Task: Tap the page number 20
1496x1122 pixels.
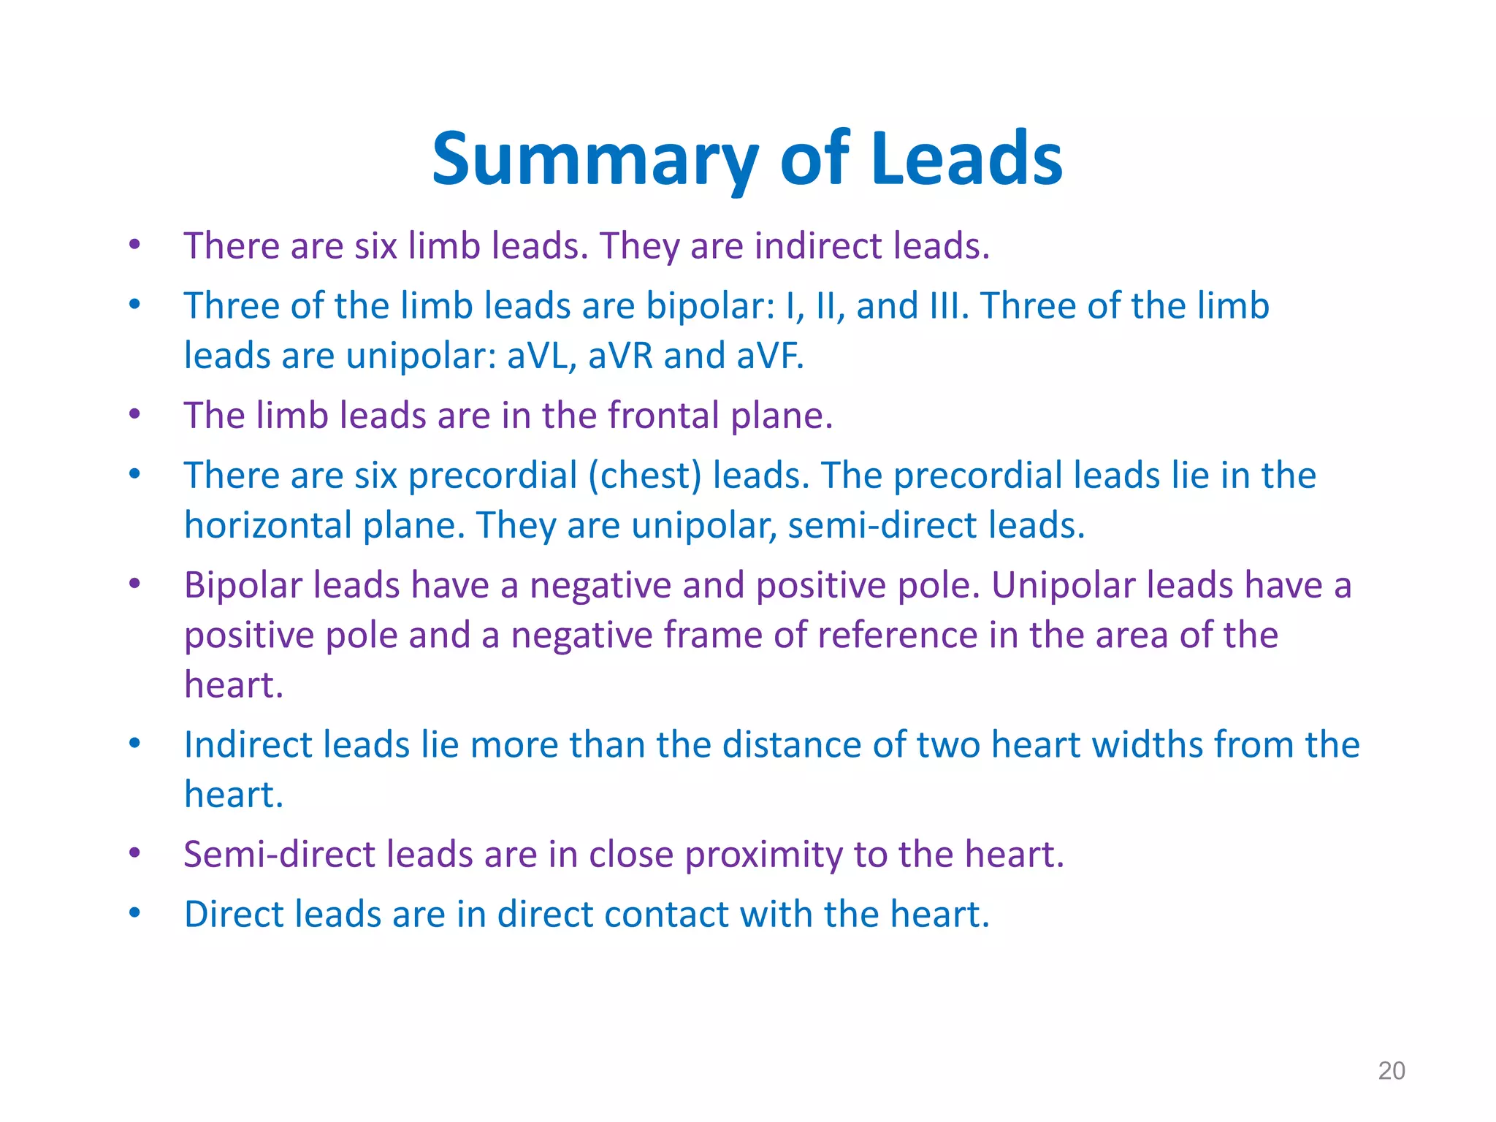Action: [1391, 1071]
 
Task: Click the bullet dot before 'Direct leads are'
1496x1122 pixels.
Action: [134, 912]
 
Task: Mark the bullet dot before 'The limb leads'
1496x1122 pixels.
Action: [134, 414]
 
